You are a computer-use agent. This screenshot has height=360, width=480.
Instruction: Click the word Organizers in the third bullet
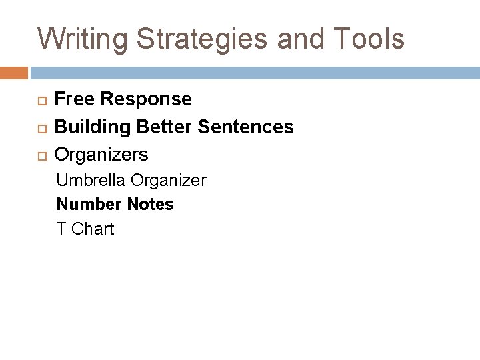click(x=101, y=155)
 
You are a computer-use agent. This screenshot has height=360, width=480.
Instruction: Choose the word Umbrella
click(x=91, y=180)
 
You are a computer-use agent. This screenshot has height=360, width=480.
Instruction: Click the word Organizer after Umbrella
click(x=169, y=180)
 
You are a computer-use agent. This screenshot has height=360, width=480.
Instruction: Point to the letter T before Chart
click(x=61, y=229)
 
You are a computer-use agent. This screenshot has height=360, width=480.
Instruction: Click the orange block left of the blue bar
click(x=14, y=72)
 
